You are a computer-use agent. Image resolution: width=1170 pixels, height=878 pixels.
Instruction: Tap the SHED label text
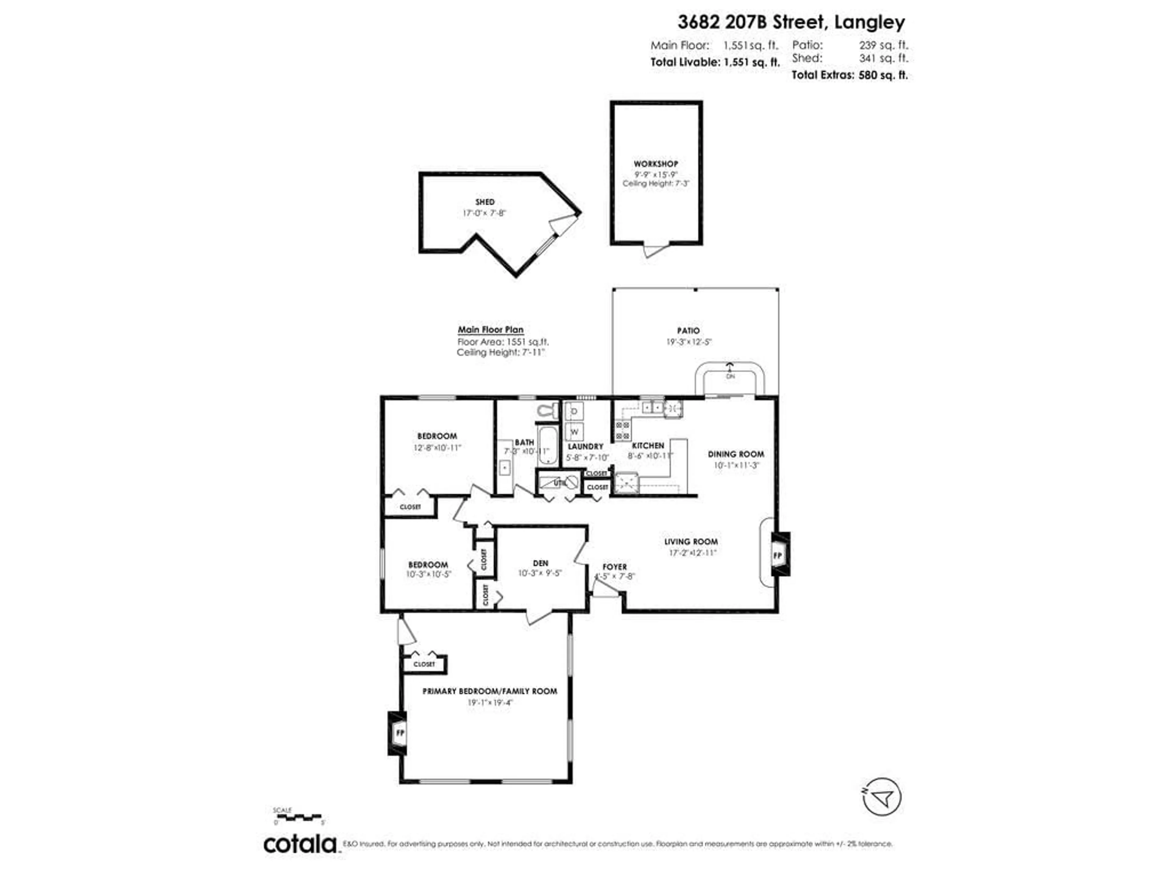[484, 202]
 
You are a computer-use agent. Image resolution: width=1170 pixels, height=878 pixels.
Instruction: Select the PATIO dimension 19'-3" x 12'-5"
[688, 342]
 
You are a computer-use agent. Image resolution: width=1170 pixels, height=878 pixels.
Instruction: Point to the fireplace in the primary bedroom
[399, 733]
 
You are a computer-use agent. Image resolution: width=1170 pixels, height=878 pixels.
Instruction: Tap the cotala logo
[300, 844]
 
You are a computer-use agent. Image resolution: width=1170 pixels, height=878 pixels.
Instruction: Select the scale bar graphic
[299, 817]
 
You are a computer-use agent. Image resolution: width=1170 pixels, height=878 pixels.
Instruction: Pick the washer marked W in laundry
[574, 432]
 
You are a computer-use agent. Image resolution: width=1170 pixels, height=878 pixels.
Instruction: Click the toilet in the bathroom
[548, 410]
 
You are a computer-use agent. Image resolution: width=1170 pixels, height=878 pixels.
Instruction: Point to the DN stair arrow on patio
[730, 370]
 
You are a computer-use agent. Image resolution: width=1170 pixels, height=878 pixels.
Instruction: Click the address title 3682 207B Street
[791, 22]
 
